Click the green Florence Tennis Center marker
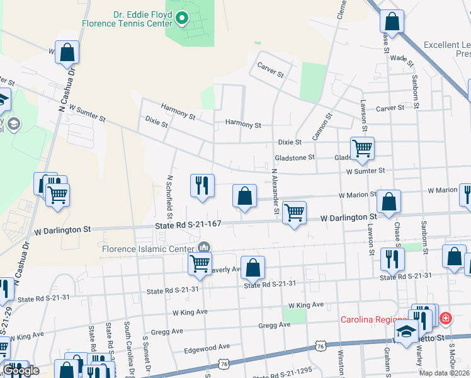click(183, 18)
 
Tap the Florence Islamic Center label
click(147, 248)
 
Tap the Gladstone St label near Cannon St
click(294, 157)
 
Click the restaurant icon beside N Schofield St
click(202, 185)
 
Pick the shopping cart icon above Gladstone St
click(362, 149)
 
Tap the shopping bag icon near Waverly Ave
click(253, 268)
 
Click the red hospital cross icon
click(446, 319)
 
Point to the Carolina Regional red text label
click(375, 319)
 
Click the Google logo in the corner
click(21, 370)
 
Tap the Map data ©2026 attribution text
click(444, 373)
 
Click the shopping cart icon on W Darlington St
click(294, 212)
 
